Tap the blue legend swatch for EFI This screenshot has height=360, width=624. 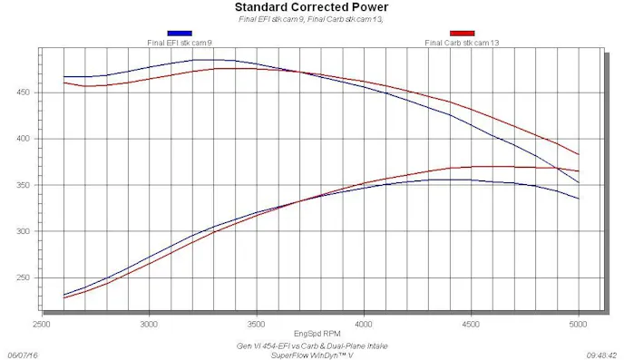click(180, 34)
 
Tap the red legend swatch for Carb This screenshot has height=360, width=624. click(462, 34)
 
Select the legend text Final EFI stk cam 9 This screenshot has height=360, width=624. click(180, 42)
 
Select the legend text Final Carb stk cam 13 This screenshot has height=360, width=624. click(462, 42)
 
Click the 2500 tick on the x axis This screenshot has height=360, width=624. click(42, 322)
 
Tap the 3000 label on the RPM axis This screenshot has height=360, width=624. click(149, 322)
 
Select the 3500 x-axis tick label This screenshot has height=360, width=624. click(257, 322)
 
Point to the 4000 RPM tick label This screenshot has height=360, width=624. click(364, 322)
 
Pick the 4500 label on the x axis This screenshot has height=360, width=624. click(471, 322)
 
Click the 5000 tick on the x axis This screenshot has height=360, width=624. click(578, 322)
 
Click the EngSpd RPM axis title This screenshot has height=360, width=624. click(311, 333)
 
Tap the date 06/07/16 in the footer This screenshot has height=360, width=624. click(24, 355)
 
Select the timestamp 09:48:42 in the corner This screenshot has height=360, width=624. click(601, 355)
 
